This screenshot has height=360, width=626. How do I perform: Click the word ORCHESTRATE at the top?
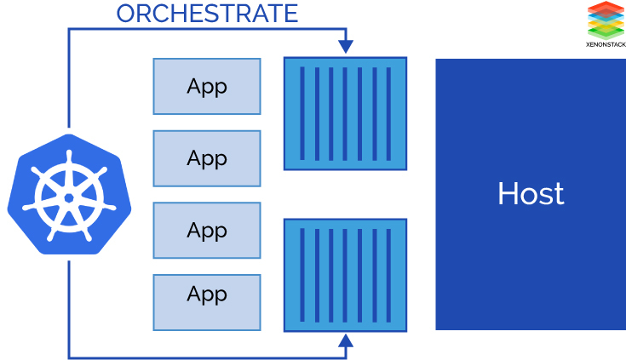(207, 14)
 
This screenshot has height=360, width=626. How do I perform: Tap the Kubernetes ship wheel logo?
(68, 195)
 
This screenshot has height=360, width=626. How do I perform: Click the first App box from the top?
(207, 86)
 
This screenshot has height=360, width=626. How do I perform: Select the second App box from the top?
(207, 158)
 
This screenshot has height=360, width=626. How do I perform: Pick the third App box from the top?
(207, 230)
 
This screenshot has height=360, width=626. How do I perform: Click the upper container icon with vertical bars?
(345, 113)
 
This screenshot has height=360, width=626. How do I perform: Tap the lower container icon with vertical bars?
(345, 274)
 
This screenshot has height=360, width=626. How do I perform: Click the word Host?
(531, 194)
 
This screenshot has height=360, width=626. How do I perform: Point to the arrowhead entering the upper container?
(345, 46)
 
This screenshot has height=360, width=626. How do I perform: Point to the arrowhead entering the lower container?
(345, 342)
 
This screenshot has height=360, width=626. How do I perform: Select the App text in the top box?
(207, 87)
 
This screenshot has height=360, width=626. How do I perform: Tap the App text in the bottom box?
(207, 294)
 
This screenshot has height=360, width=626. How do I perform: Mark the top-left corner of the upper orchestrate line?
(69, 30)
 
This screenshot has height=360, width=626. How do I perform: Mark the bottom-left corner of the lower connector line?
(69, 357)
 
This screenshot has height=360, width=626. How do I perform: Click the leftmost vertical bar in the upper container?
(302, 113)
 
